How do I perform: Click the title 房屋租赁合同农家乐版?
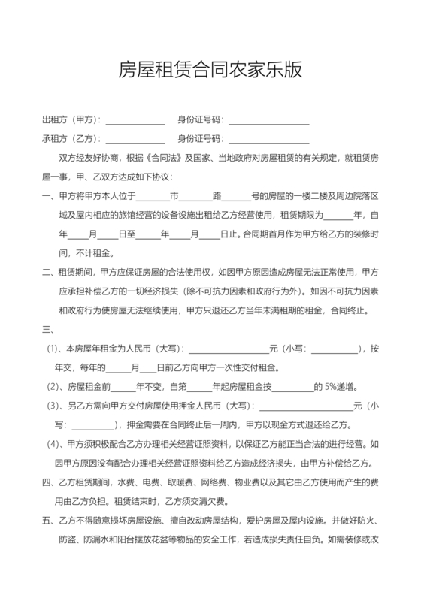click(x=210, y=70)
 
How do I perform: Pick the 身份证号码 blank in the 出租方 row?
click(x=268, y=121)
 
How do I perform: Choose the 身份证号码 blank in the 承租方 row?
click(x=268, y=140)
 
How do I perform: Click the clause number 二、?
click(x=47, y=271)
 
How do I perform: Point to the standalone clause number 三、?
click(x=47, y=328)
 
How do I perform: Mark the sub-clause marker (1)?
click(x=55, y=349)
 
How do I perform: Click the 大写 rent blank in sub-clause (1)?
click(x=228, y=350)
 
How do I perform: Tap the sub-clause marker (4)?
click(x=55, y=442)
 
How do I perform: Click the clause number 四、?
click(x=47, y=481)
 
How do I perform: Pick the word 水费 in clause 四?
click(x=126, y=481)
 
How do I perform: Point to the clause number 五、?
click(x=47, y=519)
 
